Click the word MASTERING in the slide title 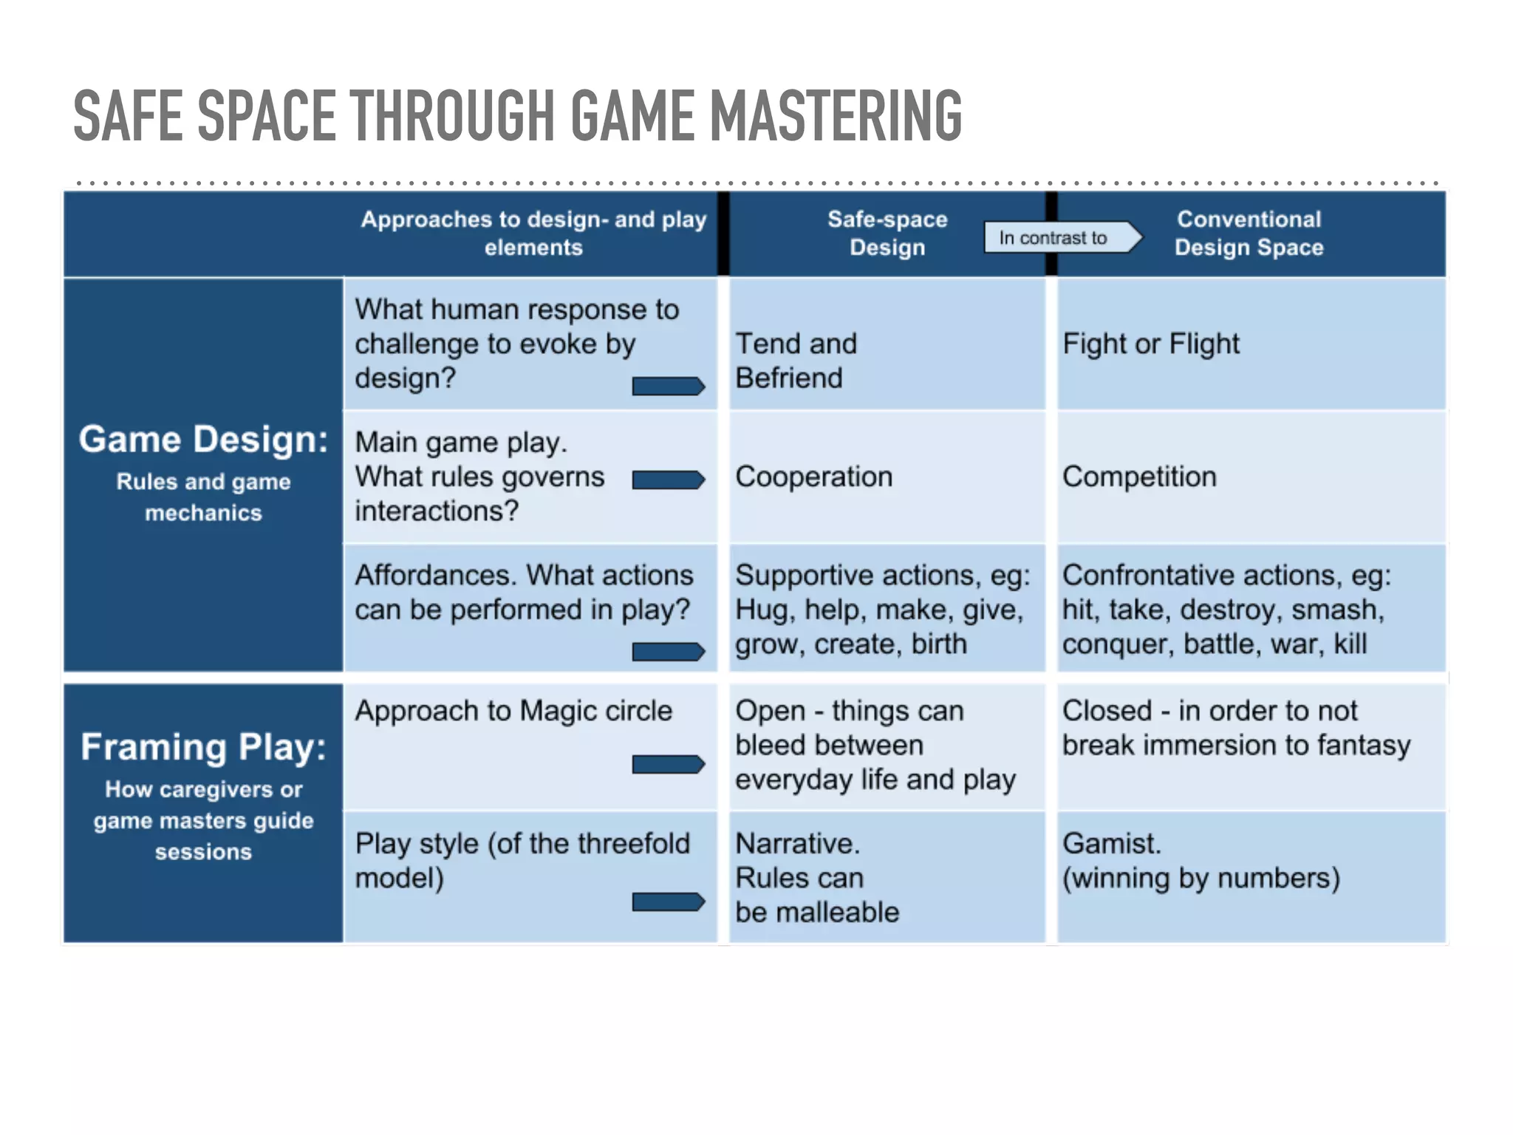(835, 115)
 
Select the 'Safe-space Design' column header (887, 233)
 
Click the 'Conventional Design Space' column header (1249, 233)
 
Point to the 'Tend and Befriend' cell (796, 361)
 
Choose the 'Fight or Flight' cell (1150, 344)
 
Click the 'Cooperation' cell (813, 477)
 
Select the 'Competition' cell (1138, 477)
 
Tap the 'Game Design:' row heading (203, 440)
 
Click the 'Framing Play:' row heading (203, 747)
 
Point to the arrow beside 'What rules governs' (668, 480)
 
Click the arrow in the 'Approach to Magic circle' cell (668, 764)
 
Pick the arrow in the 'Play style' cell (668, 902)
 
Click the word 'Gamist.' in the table (1111, 844)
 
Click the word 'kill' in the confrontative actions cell (1350, 644)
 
